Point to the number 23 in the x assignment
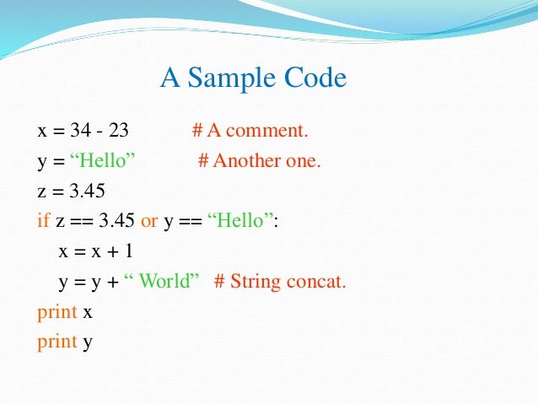coord(118,131)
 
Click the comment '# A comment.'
coord(250,131)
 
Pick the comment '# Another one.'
coord(260,160)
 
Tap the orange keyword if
coord(43,221)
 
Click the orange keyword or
coord(149,221)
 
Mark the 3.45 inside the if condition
coord(116,221)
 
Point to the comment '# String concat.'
coord(280,282)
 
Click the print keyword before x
coord(56,312)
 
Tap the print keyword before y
coord(56,342)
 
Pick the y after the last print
coord(88,343)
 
